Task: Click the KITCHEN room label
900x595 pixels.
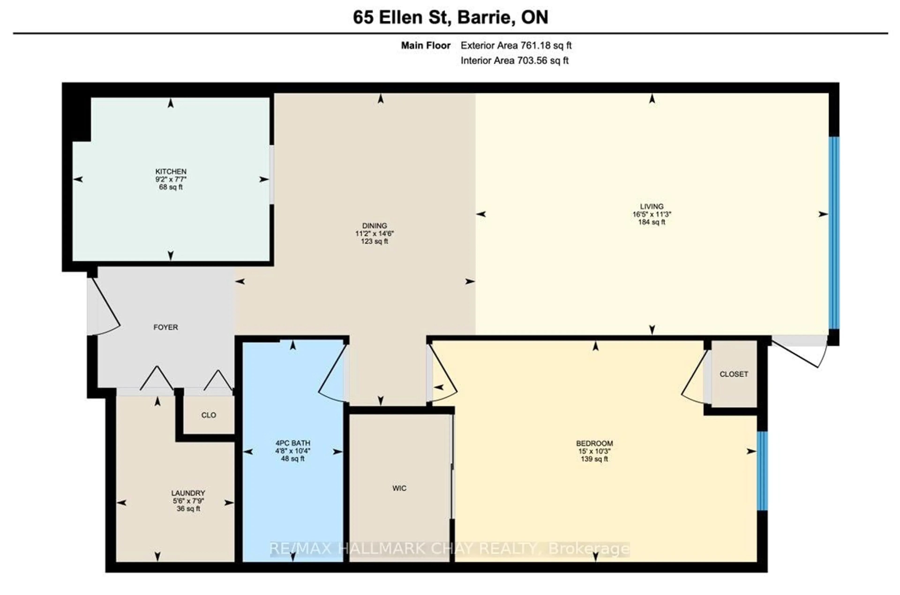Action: click(x=171, y=172)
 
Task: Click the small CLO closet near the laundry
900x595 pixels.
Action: click(x=209, y=415)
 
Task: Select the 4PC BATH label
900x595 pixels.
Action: click(x=292, y=443)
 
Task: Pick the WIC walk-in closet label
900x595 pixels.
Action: click(x=399, y=488)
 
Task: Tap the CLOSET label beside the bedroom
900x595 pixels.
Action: click(x=734, y=374)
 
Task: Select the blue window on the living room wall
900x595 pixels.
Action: click(x=834, y=233)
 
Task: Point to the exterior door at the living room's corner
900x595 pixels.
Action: click(x=800, y=353)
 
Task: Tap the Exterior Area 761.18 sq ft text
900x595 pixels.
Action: click(x=516, y=45)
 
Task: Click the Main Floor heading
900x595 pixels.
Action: click(x=426, y=45)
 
